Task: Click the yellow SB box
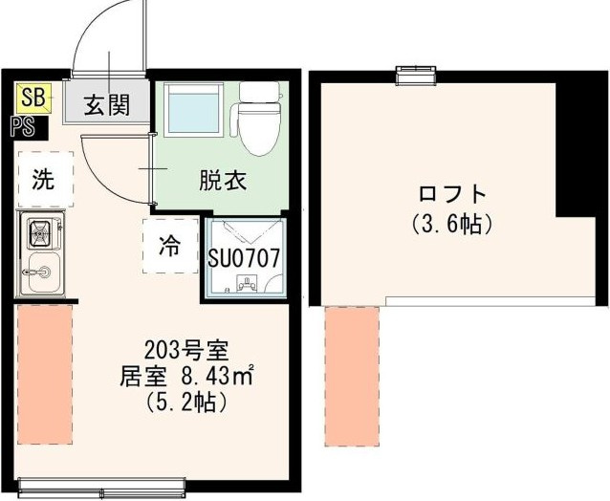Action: pyautogui.click(x=33, y=96)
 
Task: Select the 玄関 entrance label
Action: pyautogui.click(x=105, y=104)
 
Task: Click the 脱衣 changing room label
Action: pyautogui.click(x=223, y=180)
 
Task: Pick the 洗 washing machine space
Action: pyautogui.click(x=43, y=180)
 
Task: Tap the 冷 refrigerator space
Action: pyautogui.click(x=169, y=246)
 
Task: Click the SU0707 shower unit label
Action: pyautogui.click(x=244, y=257)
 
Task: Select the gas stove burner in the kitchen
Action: pyautogui.click(x=42, y=232)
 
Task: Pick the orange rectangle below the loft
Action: pyautogui.click(x=351, y=376)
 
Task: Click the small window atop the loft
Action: pyautogui.click(x=416, y=73)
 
